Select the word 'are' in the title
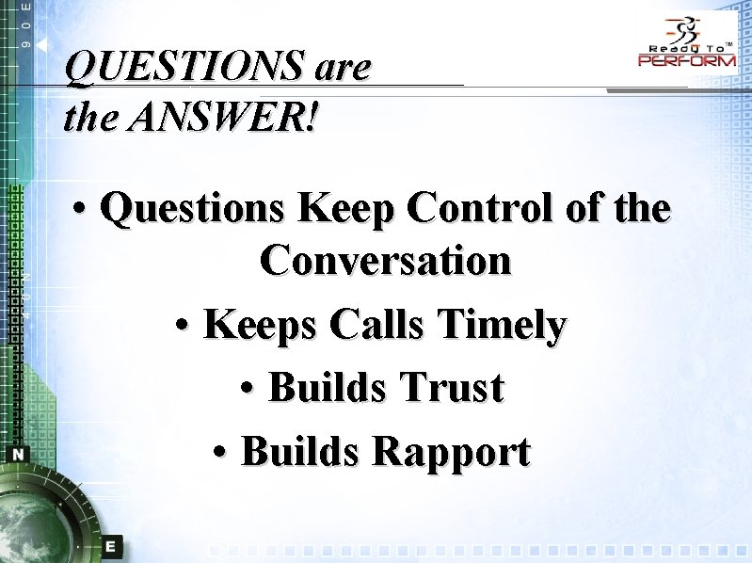click(344, 67)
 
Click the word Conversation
click(386, 259)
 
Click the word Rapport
click(452, 451)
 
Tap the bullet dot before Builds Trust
click(248, 388)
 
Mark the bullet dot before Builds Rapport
click(221, 452)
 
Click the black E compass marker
click(111, 545)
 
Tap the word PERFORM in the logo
click(687, 60)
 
